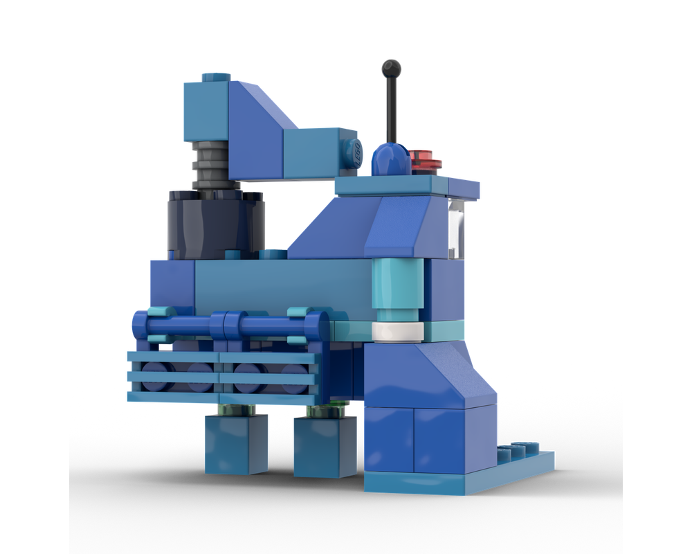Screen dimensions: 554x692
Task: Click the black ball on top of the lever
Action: pyautogui.click(x=392, y=68)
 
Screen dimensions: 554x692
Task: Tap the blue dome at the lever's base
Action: pyautogui.click(x=389, y=159)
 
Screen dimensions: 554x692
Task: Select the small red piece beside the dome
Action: pyautogui.click(x=424, y=159)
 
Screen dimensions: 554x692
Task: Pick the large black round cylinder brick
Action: pyautogui.click(x=215, y=222)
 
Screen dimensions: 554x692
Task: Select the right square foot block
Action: pyautogui.click(x=316, y=447)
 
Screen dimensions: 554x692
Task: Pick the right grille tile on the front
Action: pyautogui.click(x=270, y=378)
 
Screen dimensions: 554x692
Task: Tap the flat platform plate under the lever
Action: pyautogui.click(x=408, y=184)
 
